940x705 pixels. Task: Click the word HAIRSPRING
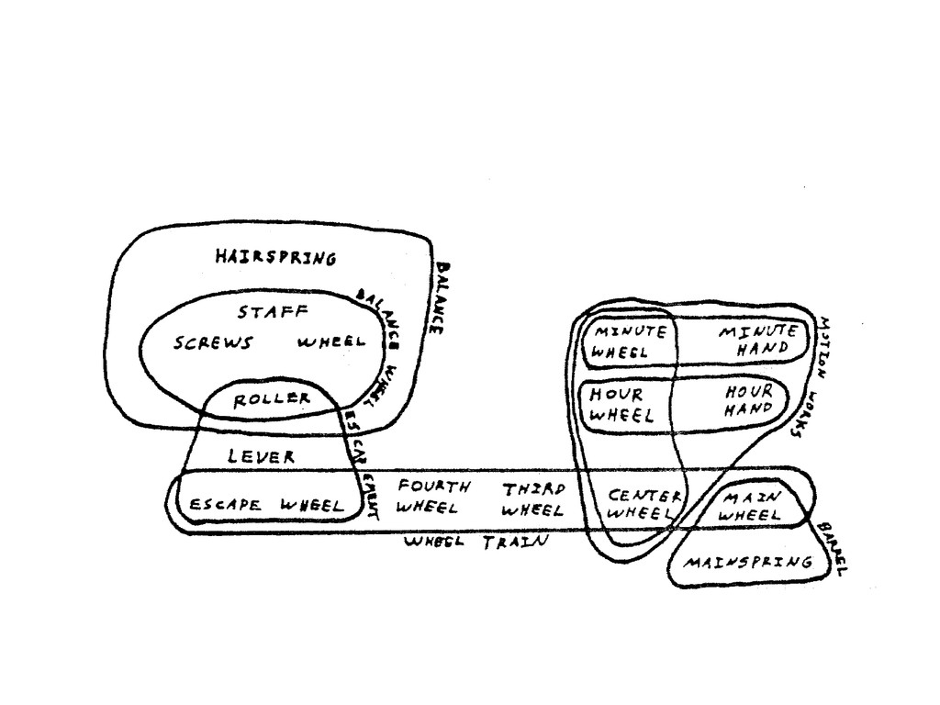click(274, 257)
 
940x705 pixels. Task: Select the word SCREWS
click(213, 343)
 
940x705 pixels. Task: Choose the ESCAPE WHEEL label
click(266, 505)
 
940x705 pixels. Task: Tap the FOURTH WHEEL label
click(433, 496)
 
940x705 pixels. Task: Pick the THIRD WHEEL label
click(533, 498)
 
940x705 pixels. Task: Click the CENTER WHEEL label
click(645, 505)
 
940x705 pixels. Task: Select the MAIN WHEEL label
click(751, 506)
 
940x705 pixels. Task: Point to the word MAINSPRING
click(750, 562)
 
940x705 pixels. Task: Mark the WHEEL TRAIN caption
click(476, 542)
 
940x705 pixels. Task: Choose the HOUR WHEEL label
click(621, 404)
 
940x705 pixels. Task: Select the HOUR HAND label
click(749, 400)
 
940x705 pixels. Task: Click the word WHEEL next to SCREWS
click(331, 342)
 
